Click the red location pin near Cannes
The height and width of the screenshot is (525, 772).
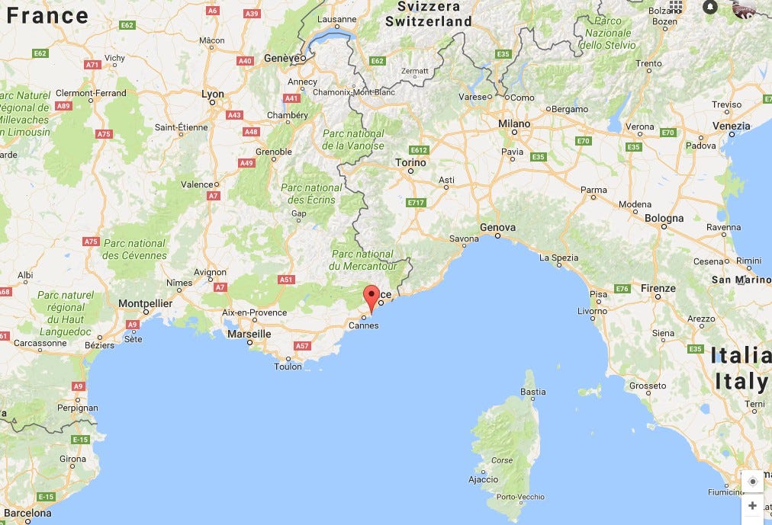[x=372, y=296]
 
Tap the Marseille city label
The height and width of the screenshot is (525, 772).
[x=249, y=334]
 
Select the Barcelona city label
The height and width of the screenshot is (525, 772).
[x=27, y=513]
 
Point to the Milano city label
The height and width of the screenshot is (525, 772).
[x=513, y=123]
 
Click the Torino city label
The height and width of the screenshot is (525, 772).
[x=410, y=162]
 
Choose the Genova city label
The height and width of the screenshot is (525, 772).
[x=497, y=227]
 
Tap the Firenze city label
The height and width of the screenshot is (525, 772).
[x=658, y=288]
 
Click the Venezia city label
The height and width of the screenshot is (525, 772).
[x=732, y=126]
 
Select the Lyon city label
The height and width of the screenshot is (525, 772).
[x=213, y=94]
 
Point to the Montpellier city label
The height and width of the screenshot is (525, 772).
[x=145, y=303]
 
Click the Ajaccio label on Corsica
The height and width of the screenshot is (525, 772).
[x=483, y=479]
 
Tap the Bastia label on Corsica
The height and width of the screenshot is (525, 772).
[x=532, y=392]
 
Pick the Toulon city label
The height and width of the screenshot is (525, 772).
[x=288, y=367]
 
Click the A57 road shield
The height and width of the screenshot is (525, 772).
[x=302, y=346]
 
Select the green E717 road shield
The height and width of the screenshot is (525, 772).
[x=416, y=203]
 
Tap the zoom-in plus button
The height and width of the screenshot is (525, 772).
[x=752, y=505]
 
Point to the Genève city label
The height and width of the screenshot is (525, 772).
[x=278, y=58]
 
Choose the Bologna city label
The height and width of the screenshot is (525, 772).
[x=664, y=218]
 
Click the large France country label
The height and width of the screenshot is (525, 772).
[x=47, y=15]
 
